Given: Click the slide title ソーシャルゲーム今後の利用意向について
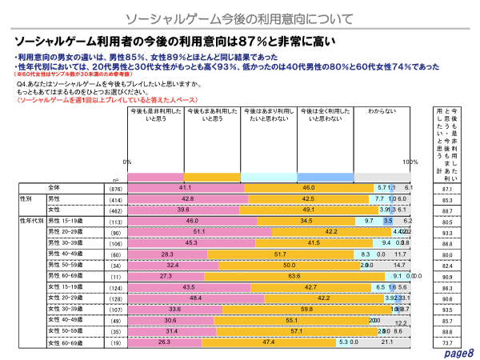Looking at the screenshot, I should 240,15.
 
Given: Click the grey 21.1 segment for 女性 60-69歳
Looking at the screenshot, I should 389,342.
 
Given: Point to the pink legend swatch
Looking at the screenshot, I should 155,176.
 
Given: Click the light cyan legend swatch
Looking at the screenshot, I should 269,176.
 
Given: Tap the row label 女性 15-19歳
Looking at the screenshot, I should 66,286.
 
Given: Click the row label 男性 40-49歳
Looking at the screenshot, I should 66,253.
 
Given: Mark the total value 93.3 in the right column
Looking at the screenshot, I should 446,231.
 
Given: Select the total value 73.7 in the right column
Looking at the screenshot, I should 446,342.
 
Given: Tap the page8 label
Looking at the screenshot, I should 459,353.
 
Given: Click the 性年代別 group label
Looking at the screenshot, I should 30,220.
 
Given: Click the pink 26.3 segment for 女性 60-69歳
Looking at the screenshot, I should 165,342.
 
